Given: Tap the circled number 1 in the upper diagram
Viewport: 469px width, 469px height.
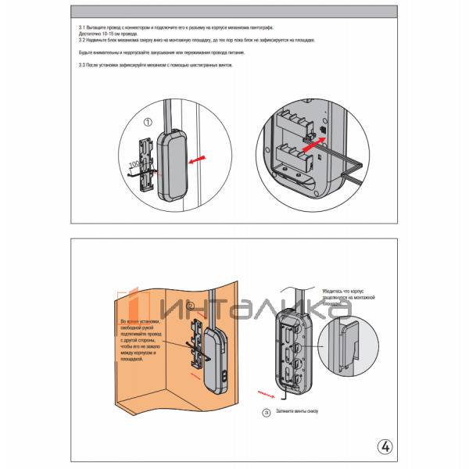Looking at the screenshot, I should click(x=147, y=121).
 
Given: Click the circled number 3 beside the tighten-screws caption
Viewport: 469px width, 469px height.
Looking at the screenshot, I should click(x=267, y=410).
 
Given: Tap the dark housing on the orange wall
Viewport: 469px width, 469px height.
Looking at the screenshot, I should click(x=214, y=360).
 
